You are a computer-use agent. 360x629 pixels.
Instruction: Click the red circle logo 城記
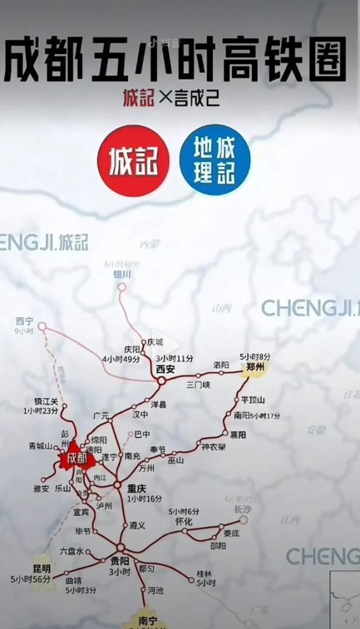point(133,161)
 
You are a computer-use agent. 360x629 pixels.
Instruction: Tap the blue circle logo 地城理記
point(215,160)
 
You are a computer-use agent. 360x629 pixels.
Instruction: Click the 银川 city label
point(121,274)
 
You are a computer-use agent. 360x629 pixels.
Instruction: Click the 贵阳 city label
point(119,561)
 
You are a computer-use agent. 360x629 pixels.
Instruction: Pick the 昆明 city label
point(41,569)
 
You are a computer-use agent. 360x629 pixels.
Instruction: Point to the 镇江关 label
point(46,401)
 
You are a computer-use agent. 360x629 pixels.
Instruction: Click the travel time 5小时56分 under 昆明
point(30,579)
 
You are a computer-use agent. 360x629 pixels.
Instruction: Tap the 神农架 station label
point(214,447)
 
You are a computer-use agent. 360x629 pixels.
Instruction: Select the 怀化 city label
point(183,521)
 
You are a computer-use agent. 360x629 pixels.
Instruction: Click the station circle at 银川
point(121,288)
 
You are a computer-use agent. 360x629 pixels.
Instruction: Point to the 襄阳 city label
point(237,435)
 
